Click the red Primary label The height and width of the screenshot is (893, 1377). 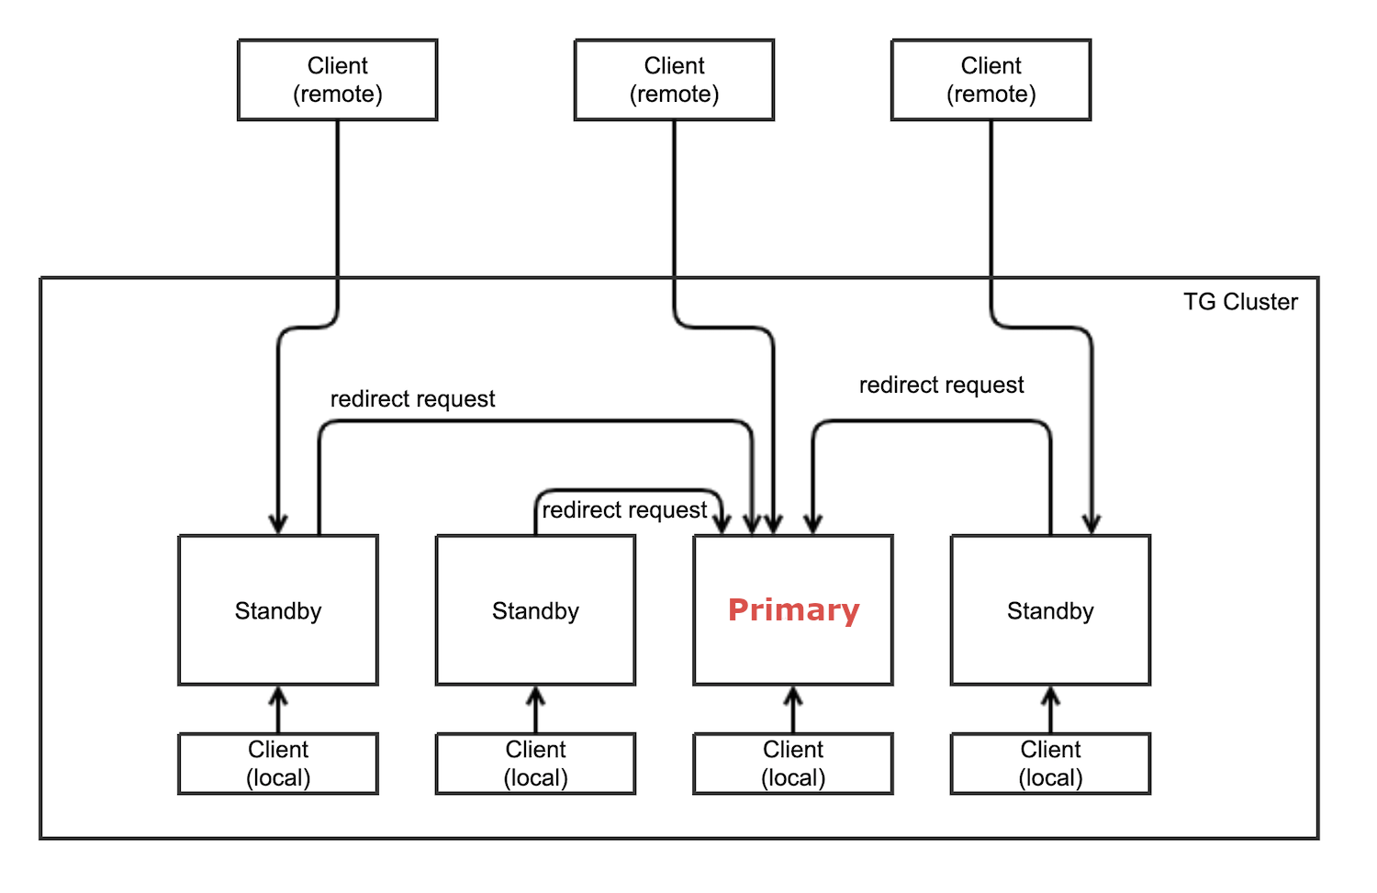click(793, 610)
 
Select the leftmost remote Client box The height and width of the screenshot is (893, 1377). click(338, 80)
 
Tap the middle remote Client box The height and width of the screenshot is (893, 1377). click(674, 80)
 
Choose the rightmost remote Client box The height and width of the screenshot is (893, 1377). click(991, 80)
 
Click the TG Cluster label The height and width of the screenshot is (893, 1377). click(1240, 302)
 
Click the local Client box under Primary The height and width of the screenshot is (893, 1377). click(793, 764)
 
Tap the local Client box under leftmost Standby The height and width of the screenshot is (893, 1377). click(278, 764)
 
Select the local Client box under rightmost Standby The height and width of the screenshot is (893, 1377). click(1050, 764)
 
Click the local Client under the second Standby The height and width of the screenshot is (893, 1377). click(535, 764)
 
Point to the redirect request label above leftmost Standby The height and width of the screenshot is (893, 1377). click(412, 399)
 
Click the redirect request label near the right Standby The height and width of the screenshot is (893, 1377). click(941, 385)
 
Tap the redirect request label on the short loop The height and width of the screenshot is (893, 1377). click(624, 510)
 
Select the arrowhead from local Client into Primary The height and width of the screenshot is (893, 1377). click(793, 695)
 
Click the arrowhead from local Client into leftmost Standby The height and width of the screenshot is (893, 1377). click(278, 695)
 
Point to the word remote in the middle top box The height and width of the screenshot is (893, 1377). click(674, 95)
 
